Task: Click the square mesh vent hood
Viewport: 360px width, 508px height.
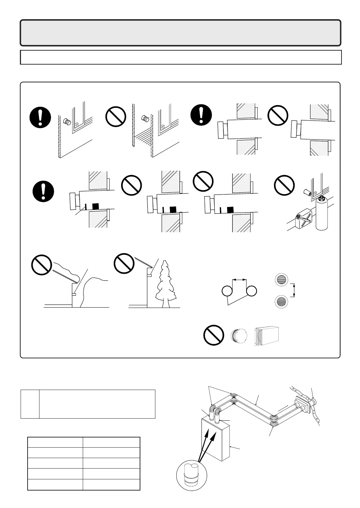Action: pyautogui.click(x=267, y=336)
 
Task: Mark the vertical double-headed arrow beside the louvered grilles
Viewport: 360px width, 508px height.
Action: pyautogui.click(x=294, y=290)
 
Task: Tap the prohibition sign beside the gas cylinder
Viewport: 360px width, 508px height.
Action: pyautogui.click(x=284, y=185)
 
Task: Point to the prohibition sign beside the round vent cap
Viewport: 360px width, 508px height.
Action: pyautogui.click(x=214, y=335)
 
